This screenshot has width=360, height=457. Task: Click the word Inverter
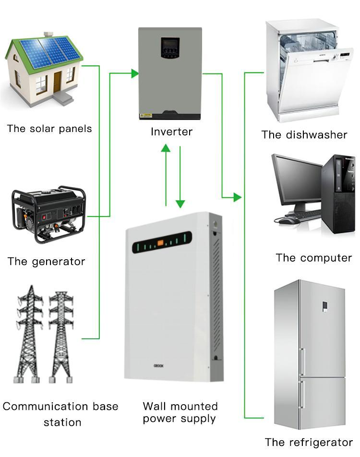pos(171,132)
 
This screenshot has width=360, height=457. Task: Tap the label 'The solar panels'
pos(49,129)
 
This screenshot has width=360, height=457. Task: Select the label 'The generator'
pos(46,262)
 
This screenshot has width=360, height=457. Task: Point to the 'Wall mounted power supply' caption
pos(180,412)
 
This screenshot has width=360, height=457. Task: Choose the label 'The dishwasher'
pos(304,135)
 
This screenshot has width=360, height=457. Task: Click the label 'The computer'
pos(313,258)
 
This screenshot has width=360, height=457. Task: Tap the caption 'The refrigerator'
pos(309,443)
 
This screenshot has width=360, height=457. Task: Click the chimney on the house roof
pos(48,35)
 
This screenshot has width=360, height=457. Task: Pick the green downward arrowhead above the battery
pos(180,204)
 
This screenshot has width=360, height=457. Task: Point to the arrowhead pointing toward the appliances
pos(237,197)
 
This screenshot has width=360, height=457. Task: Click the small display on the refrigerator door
pos(325,305)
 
